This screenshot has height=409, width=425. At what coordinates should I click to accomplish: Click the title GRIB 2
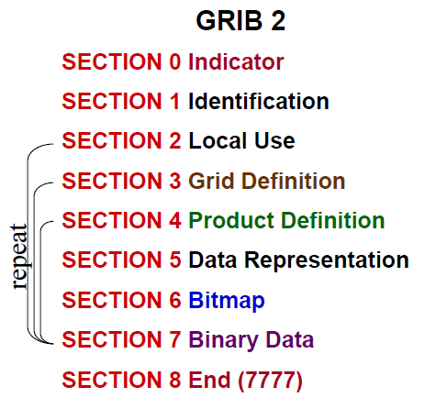click(x=240, y=22)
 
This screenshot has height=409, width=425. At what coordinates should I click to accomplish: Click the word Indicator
click(x=236, y=62)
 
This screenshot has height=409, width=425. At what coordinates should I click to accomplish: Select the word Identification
click(x=258, y=102)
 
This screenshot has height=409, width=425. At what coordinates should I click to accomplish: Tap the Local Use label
click(x=241, y=141)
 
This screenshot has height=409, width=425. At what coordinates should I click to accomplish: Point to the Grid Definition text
click(x=266, y=181)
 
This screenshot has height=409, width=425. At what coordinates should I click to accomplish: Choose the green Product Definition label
click(x=286, y=220)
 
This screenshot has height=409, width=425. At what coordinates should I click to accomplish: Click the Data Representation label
click(x=298, y=260)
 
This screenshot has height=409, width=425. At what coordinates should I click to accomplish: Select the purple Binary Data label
click(x=251, y=339)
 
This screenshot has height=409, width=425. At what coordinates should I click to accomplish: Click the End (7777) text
click(x=245, y=379)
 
